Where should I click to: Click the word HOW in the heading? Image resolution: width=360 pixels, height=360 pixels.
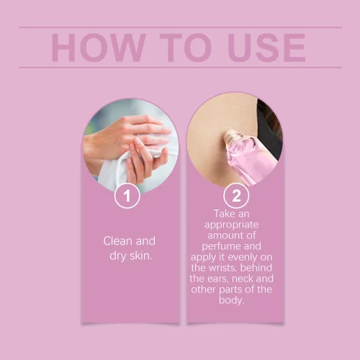(99, 48)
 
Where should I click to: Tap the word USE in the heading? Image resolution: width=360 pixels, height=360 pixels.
(266, 48)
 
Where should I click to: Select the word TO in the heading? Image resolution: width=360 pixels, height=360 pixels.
(186, 48)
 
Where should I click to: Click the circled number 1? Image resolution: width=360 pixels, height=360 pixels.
(127, 196)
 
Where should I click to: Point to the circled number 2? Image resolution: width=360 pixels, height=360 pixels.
(236, 196)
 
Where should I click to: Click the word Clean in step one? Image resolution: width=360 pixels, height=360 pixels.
(117, 240)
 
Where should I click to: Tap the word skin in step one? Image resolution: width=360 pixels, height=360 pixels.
(141, 256)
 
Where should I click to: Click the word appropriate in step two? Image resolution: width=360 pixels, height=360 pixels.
(231, 225)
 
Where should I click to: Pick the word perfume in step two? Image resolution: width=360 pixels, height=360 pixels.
(217, 247)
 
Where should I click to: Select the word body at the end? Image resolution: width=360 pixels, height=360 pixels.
(231, 300)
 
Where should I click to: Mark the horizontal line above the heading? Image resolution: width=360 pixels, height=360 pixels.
(181, 27)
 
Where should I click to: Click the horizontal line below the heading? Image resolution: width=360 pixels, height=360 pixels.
(181, 68)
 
